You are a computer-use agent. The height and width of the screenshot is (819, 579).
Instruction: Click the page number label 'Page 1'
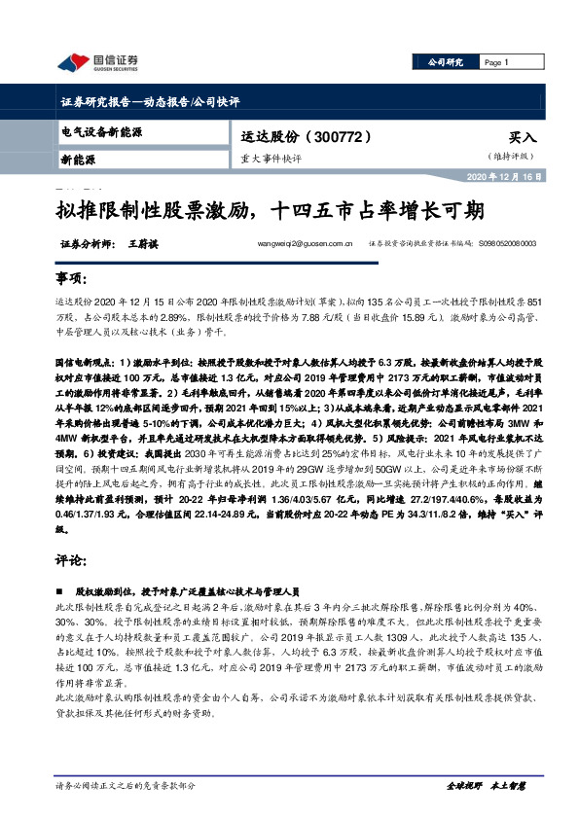(x=496, y=61)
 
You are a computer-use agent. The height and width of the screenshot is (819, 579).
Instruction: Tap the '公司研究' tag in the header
(x=445, y=61)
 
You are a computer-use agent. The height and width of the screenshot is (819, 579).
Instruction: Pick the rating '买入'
(x=522, y=138)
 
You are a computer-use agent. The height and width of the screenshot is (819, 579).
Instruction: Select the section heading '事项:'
(x=69, y=278)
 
